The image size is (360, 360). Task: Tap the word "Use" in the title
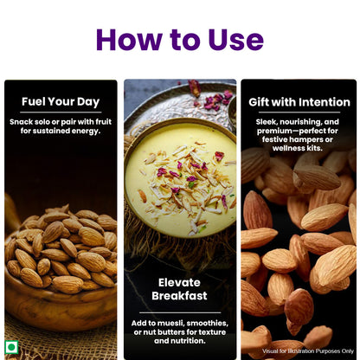pyautogui.click(x=232, y=39)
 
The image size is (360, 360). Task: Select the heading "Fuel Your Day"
pyautogui.click(x=61, y=102)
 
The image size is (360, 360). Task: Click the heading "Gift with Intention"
pyautogui.click(x=298, y=102)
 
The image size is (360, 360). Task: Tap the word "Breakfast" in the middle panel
pyautogui.click(x=180, y=296)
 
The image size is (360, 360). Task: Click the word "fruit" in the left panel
pyautogui.click(x=102, y=122)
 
